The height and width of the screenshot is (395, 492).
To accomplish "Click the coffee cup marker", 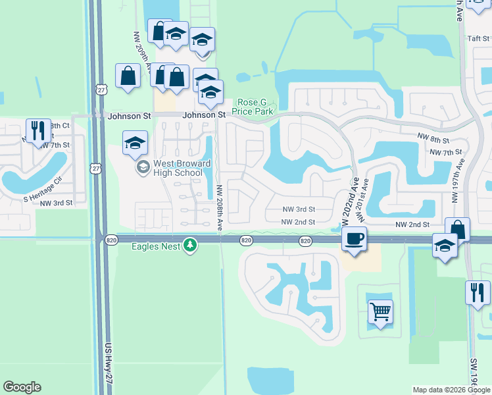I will (355, 238).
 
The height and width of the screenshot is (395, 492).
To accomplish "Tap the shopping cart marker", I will (380, 311).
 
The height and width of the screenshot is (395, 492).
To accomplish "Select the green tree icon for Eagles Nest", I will (190, 245).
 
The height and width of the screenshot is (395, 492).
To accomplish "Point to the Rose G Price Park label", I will (253, 107).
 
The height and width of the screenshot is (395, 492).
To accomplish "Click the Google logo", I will (22, 387).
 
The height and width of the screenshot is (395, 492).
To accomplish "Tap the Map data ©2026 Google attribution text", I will (451, 390).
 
